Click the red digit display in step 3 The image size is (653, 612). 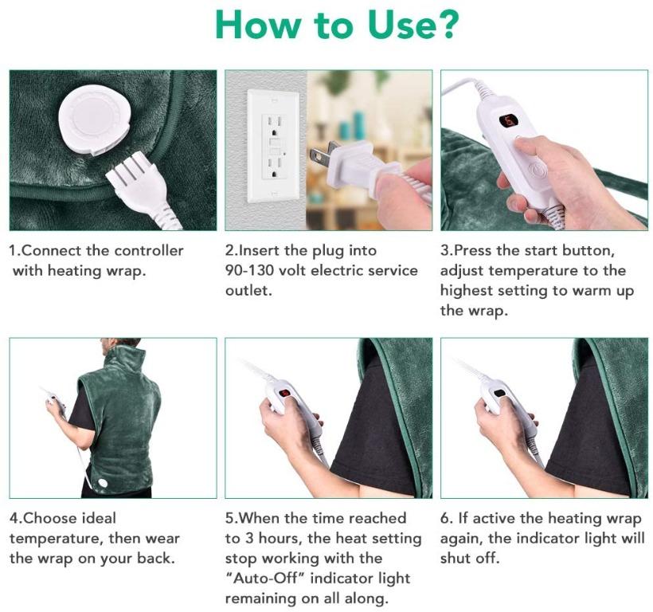pyautogui.click(x=506, y=122)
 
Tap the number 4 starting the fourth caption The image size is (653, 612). pyautogui.click(x=14, y=519)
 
